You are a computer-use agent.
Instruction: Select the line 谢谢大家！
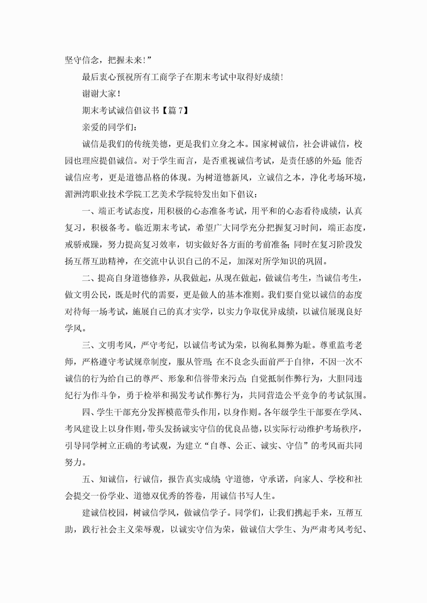point(101,94)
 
